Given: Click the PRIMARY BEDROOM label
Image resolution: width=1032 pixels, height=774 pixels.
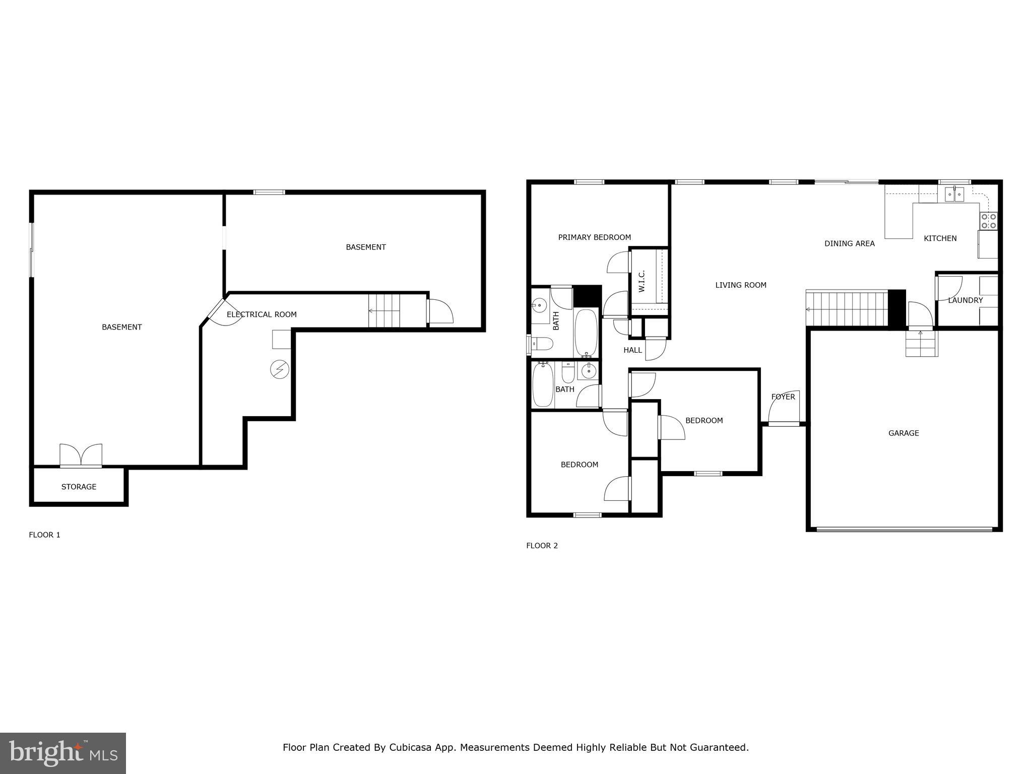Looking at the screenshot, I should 594,237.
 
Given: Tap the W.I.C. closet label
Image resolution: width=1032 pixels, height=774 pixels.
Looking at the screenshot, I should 641,281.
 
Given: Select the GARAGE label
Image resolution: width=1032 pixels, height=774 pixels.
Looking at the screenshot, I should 903,433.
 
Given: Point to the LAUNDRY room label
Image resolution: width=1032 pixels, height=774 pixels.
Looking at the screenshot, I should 965,300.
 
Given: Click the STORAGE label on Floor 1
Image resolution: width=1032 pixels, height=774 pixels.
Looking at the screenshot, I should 79,487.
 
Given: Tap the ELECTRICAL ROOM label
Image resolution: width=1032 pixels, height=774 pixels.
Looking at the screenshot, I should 262,314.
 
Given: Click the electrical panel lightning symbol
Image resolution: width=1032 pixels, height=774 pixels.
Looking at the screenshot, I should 279,370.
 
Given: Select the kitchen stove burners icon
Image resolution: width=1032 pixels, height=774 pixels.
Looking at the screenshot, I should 988,221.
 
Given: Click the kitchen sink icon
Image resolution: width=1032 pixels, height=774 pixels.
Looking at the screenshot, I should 954,193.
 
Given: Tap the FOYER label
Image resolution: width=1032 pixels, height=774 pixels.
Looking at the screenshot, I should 783,397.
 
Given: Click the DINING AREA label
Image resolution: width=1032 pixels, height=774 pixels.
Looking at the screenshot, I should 849,243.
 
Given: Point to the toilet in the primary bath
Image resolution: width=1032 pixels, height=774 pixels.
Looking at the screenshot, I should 542,344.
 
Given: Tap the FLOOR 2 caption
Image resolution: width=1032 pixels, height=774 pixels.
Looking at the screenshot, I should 542,545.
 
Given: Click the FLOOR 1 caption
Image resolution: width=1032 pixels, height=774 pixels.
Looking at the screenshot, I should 44,535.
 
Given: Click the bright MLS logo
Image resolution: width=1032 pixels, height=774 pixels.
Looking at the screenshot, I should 63,753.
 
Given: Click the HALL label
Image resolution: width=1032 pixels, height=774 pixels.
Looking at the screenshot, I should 632,350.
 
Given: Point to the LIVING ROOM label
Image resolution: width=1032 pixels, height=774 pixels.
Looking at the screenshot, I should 740,285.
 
